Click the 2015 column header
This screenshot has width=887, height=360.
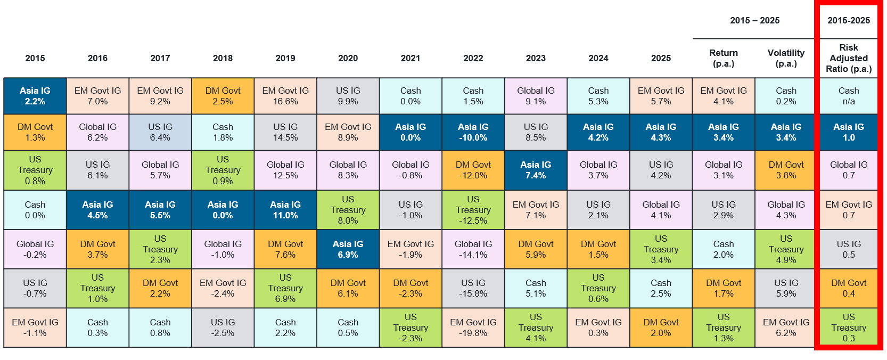[x=35, y=58]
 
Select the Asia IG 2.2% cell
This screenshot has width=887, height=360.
[x=35, y=96]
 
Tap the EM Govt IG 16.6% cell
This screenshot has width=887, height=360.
[x=285, y=96]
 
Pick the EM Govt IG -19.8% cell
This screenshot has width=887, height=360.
[x=473, y=328]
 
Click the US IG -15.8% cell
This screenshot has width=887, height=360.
[x=473, y=288]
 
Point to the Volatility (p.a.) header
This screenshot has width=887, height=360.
[x=786, y=58]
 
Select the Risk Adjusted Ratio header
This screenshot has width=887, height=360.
[x=849, y=58]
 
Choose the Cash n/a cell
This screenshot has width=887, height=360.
[x=849, y=96]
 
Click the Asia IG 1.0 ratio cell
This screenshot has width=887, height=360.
[x=849, y=132]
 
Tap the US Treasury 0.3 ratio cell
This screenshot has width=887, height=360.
[x=849, y=328]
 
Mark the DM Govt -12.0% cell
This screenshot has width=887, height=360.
[x=473, y=170]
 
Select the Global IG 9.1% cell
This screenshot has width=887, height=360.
[x=536, y=96]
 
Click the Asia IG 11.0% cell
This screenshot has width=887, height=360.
[x=285, y=210]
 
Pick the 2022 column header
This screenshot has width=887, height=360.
[x=473, y=58]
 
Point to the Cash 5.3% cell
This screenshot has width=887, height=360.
[x=598, y=96]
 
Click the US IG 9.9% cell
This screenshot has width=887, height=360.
[x=348, y=96]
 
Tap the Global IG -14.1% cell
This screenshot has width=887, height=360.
[x=473, y=249]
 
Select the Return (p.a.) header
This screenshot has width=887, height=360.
[x=724, y=58]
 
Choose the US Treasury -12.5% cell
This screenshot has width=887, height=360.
[x=473, y=210]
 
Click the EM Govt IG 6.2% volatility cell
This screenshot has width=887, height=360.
[x=786, y=328]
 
